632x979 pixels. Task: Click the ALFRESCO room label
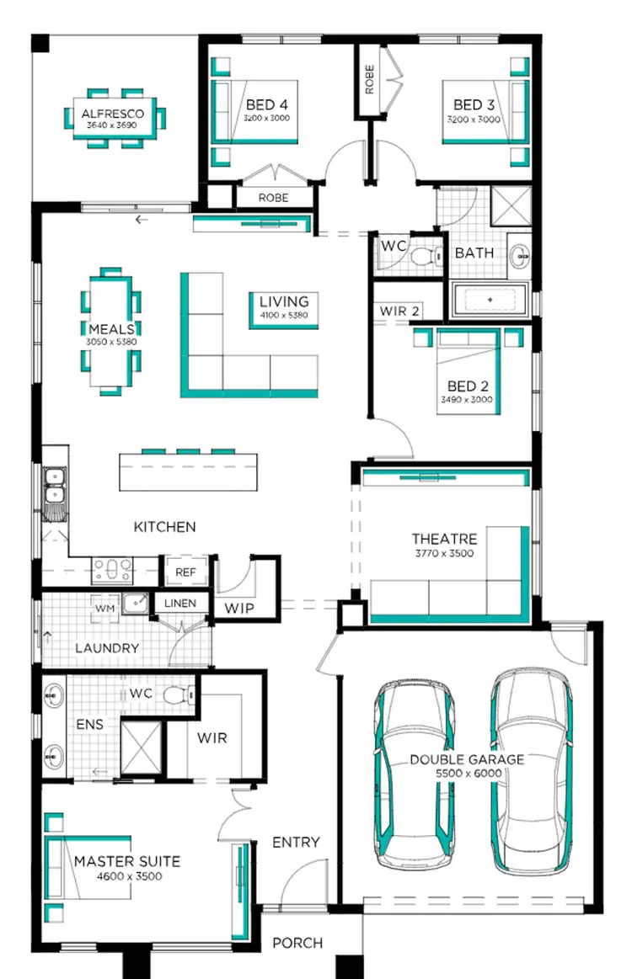112,114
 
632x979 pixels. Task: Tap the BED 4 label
267,105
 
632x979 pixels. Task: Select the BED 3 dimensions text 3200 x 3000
474,120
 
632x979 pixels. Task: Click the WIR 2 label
399,311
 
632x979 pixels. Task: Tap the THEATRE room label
444,539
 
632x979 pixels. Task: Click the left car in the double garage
413,774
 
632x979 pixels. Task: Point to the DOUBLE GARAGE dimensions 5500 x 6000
467,773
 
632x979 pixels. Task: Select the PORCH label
297,943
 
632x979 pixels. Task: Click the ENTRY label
296,842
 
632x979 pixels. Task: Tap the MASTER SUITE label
126,862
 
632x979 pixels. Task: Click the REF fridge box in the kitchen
185,572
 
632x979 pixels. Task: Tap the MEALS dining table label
111,328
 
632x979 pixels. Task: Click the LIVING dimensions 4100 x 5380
284,316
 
